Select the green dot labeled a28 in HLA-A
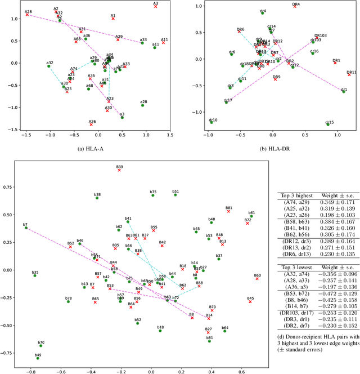142,105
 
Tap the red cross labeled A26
92,124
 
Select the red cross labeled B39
119,170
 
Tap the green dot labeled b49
38,358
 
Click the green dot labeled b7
26,228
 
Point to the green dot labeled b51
175,194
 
